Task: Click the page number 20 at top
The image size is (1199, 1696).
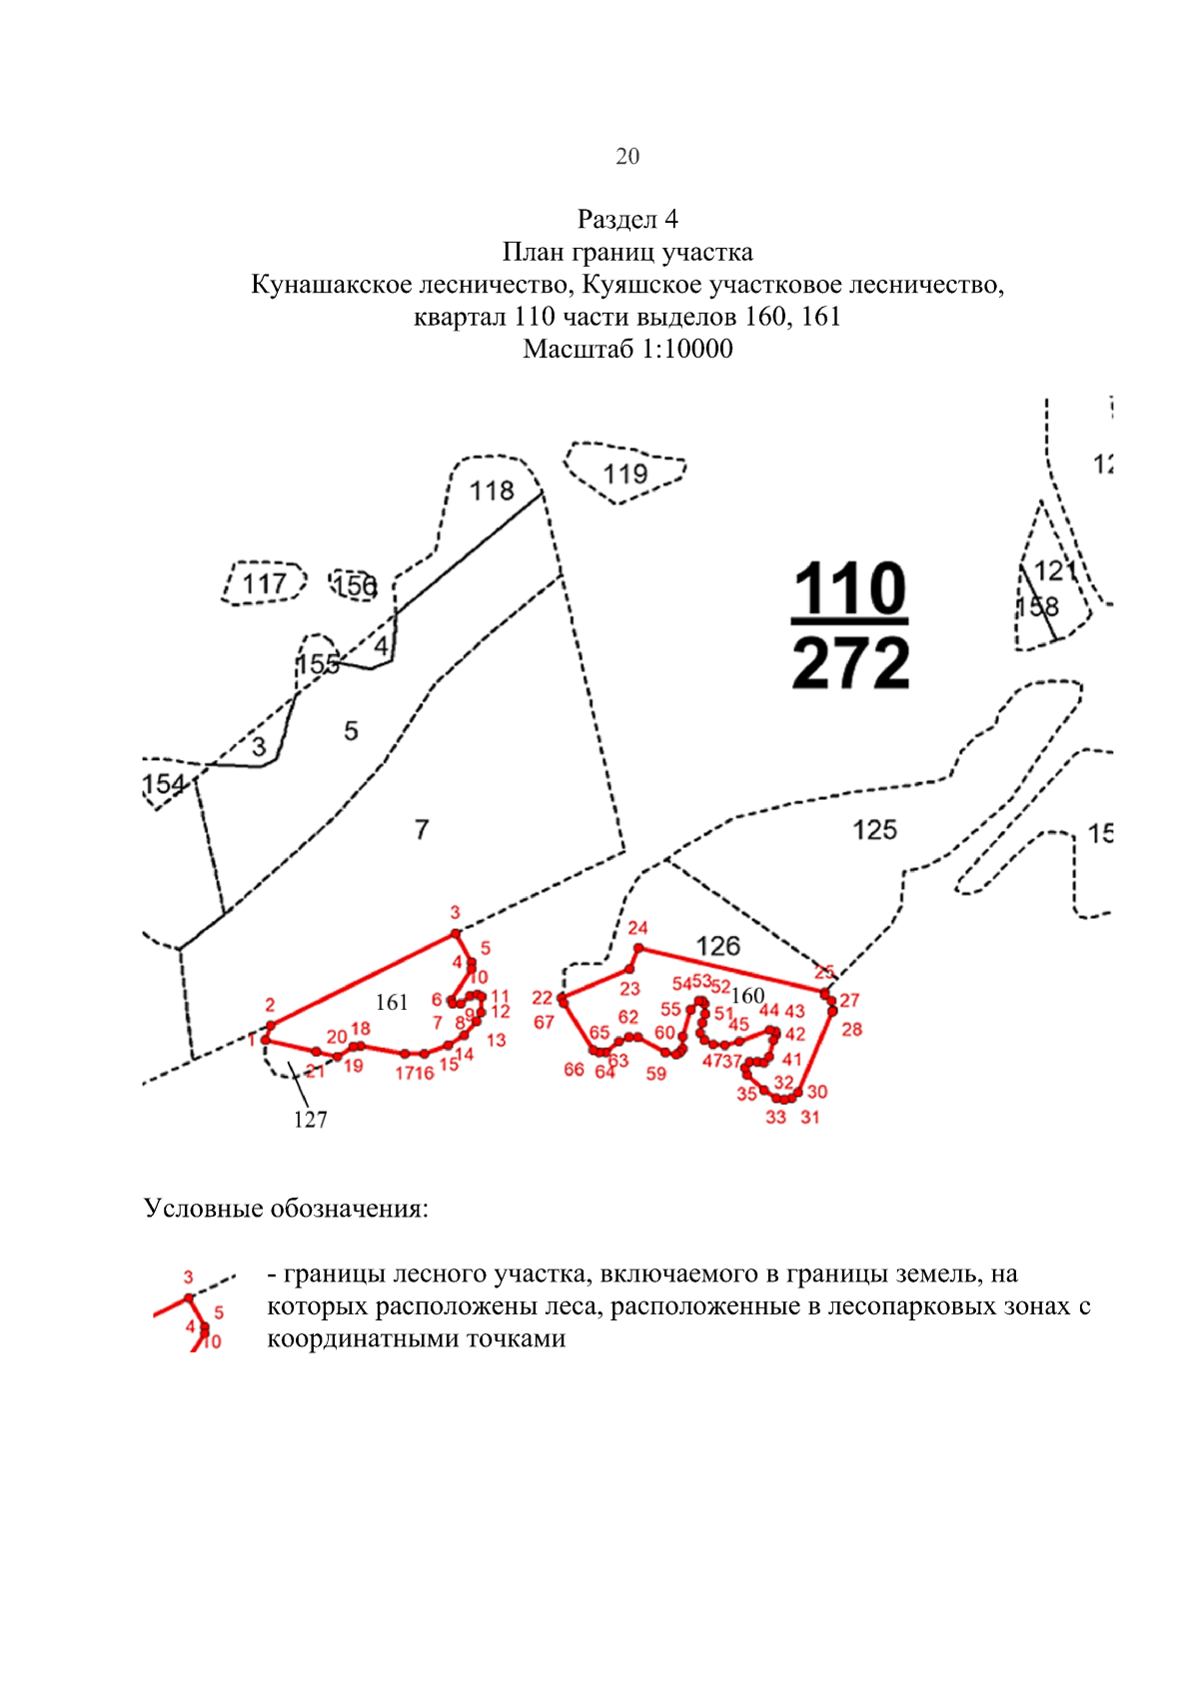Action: (626, 156)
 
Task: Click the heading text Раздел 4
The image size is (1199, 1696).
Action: (626, 219)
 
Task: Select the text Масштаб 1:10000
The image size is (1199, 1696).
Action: (626, 349)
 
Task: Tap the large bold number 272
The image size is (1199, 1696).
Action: (850, 663)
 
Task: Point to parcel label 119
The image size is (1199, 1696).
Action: (626, 473)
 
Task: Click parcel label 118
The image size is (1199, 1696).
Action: (492, 490)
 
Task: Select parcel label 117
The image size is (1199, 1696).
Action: (265, 583)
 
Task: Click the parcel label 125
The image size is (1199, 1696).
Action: (874, 830)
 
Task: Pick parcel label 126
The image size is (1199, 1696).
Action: (717, 946)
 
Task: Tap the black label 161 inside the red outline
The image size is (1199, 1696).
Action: (392, 1002)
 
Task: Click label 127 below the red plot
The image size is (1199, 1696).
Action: (310, 1120)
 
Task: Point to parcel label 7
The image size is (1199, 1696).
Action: (422, 829)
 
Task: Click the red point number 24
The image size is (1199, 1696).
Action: (637, 928)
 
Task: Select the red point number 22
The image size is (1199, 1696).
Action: (542, 998)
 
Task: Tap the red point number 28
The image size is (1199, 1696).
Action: (851, 1029)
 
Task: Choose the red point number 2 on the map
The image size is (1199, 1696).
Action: (270, 1005)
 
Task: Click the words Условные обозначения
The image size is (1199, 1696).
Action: (286, 1209)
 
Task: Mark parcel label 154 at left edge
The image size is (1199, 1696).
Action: (164, 784)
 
